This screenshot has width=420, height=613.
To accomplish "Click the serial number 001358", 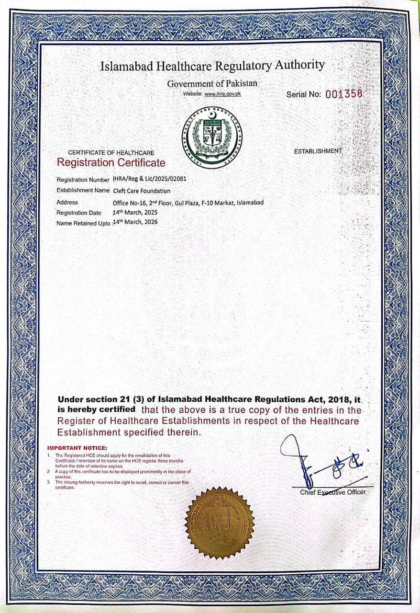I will point(344,94).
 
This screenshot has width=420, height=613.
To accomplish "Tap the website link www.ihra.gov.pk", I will point(222,94).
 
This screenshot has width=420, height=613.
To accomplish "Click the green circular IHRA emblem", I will point(212,137).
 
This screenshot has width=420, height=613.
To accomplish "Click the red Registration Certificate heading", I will point(111,162).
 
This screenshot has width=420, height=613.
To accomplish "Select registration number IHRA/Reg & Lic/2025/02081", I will point(149,179).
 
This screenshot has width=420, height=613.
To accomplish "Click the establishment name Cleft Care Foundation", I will point(141,191).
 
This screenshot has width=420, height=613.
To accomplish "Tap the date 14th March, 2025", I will point(135,212).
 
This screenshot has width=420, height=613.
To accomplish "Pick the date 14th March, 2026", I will point(135,222).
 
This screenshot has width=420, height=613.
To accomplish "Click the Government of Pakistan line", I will point(212,83).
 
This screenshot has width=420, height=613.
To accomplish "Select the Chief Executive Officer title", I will point(332,492).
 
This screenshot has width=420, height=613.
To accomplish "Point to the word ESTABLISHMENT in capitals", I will point(318,151).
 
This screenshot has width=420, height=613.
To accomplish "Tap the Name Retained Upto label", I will point(83,223).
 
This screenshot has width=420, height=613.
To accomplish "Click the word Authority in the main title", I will point(299,65).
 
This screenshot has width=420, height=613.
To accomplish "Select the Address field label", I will point(67,202).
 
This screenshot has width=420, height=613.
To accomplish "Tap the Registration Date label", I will point(79,213).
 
